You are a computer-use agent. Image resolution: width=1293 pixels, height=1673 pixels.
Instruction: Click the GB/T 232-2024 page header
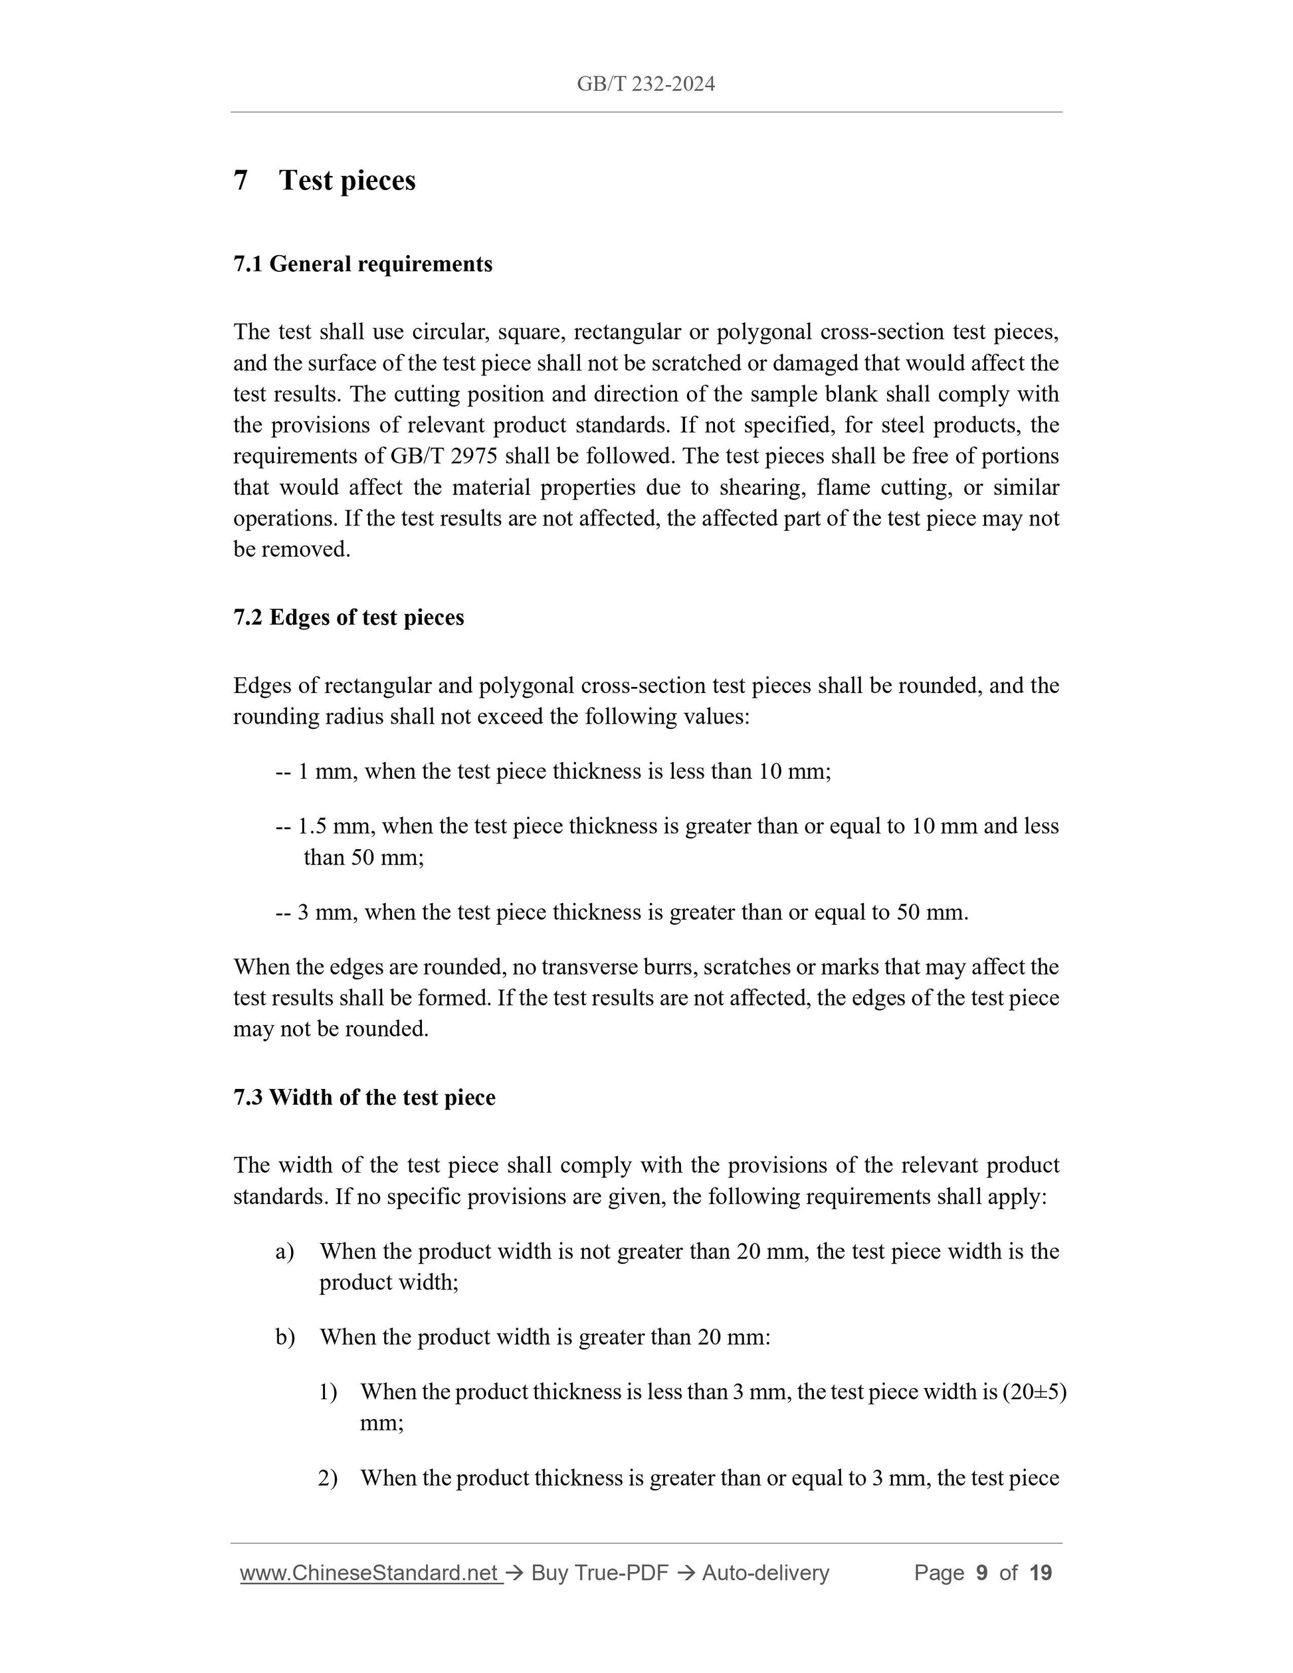click(646, 84)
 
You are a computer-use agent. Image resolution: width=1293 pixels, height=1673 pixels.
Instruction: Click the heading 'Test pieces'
click(347, 181)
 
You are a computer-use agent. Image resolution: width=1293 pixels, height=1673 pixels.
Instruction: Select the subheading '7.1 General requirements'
click(362, 264)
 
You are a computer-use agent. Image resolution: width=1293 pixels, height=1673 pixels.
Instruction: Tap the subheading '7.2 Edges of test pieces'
click(349, 617)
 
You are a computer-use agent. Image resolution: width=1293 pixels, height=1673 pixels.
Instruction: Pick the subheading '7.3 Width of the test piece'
click(364, 1098)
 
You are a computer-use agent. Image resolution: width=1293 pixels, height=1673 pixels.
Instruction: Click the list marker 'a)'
click(285, 1252)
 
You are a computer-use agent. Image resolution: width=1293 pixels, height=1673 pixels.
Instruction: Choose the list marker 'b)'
click(285, 1337)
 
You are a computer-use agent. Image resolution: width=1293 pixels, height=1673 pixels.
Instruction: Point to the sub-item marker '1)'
click(328, 1392)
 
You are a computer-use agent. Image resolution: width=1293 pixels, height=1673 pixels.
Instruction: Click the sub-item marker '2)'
click(328, 1478)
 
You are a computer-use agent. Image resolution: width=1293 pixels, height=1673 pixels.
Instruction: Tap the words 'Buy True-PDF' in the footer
click(599, 1573)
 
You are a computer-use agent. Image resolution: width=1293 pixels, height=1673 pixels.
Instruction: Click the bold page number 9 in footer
click(981, 1573)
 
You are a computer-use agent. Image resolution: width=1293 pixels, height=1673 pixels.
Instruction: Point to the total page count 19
click(1041, 1573)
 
